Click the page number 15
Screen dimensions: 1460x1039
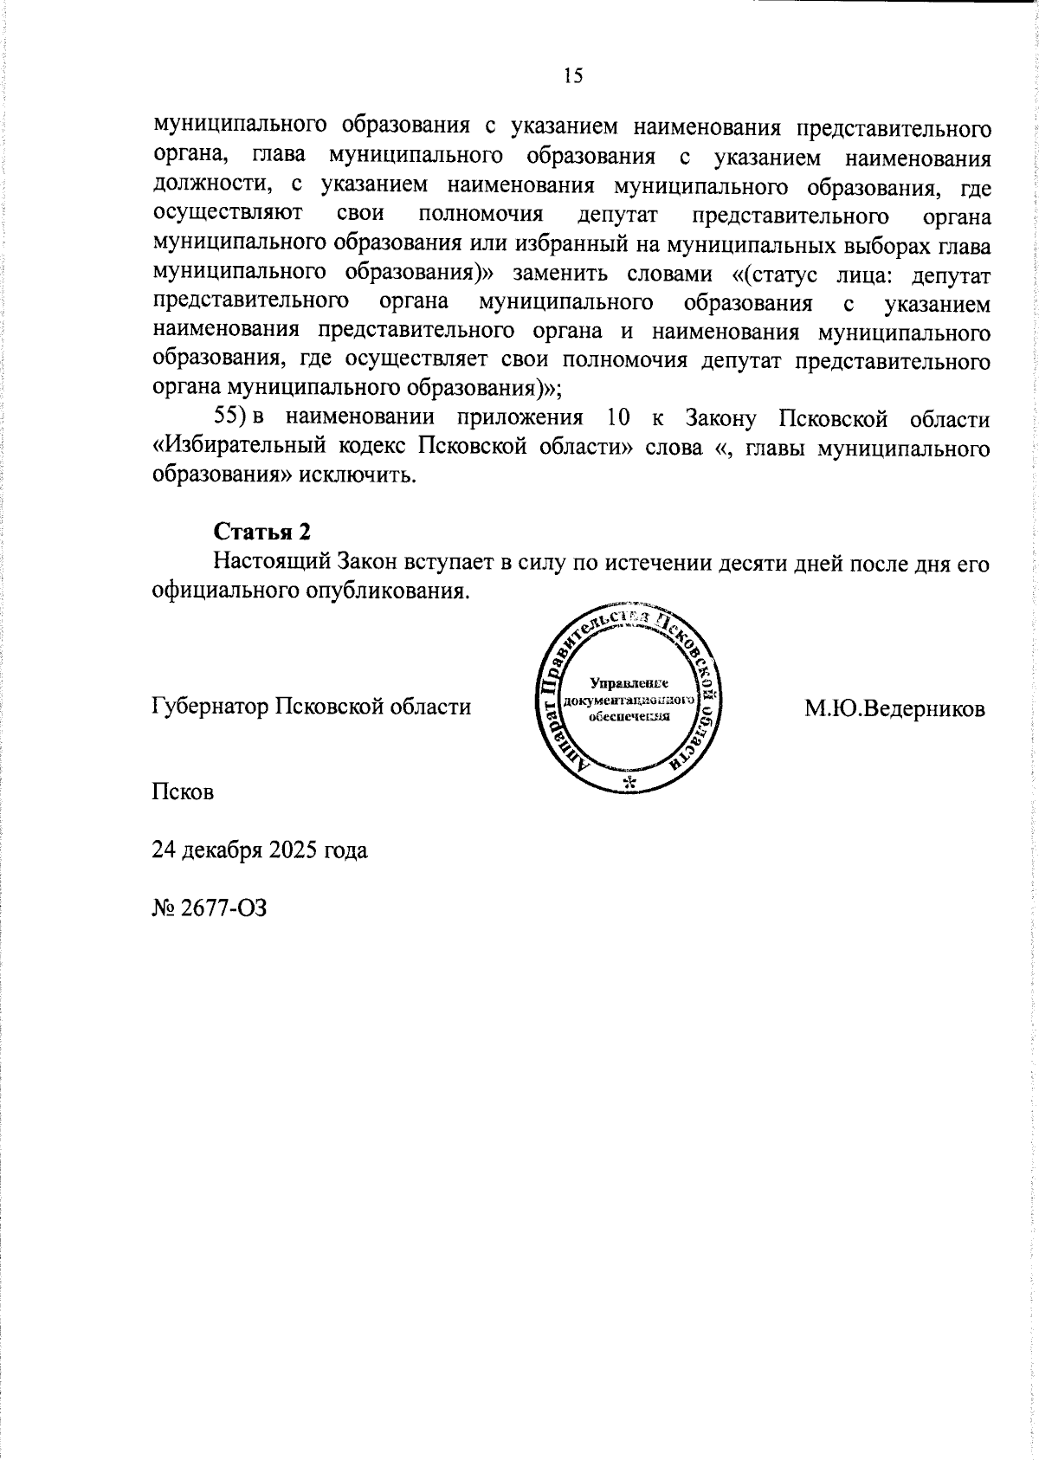(x=573, y=76)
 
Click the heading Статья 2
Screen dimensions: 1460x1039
(x=262, y=531)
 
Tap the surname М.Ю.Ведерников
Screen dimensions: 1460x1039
(x=894, y=709)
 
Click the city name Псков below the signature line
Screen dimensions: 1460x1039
(x=183, y=791)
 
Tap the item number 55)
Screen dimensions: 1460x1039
(x=232, y=419)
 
